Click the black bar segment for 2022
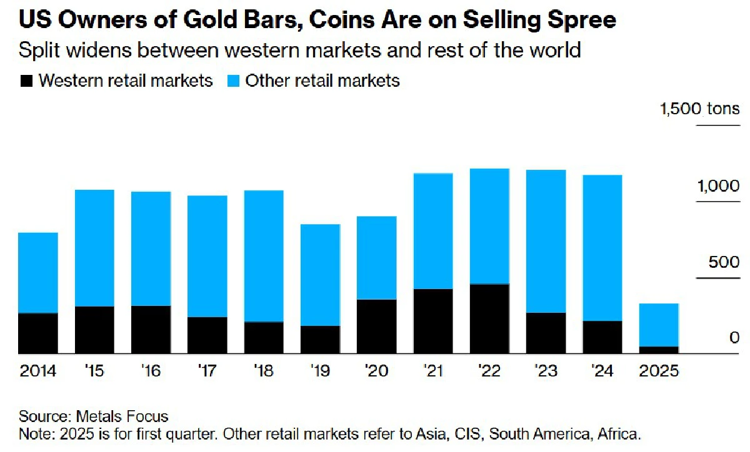pyautogui.click(x=489, y=319)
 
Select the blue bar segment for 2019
pyautogui.click(x=320, y=275)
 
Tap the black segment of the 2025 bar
pyautogui.click(x=659, y=350)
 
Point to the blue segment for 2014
pyautogui.click(x=38, y=272)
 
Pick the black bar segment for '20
pyautogui.click(x=376, y=327)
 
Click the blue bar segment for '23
pyautogui.click(x=546, y=241)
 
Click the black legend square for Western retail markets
pyautogui.click(x=26, y=81)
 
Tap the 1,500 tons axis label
pyautogui.click(x=700, y=110)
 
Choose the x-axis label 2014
pyautogui.click(x=37, y=371)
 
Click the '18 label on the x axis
pyautogui.click(x=263, y=371)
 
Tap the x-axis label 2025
pyautogui.click(x=658, y=371)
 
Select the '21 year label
pyautogui.click(x=432, y=371)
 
